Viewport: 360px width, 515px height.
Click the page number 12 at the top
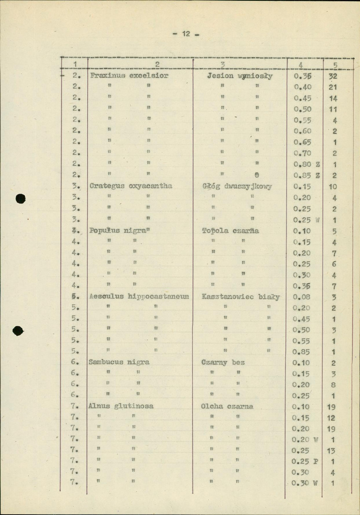pyautogui.click(x=186, y=34)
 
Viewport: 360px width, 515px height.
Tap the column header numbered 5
pyautogui.click(x=335, y=65)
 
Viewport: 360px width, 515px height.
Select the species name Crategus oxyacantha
pyautogui.click(x=131, y=186)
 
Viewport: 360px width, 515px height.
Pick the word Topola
pyautogui.click(x=215, y=230)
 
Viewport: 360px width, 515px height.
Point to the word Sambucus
pyautogui.click(x=104, y=362)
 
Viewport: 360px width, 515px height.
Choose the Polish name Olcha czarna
pyautogui.click(x=227, y=406)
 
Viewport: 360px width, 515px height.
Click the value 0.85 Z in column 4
pyautogui.click(x=307, y=175)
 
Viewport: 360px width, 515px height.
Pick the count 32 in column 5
pyautogui.click(x=333, y=77)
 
